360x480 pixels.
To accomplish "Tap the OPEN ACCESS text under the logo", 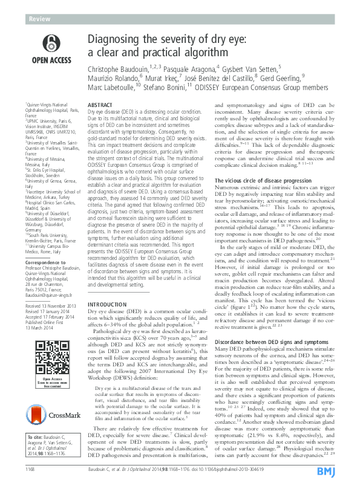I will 53,60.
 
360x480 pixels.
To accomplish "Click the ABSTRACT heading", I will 100,105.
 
